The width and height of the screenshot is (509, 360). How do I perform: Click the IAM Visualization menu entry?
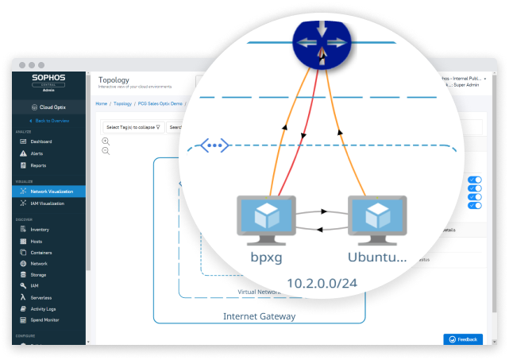(52, 203)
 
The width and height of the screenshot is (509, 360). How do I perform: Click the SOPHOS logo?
(49, 79)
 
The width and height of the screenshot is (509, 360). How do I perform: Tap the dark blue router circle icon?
(322, 44)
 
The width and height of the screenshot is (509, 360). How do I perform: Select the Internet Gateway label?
(259, 316)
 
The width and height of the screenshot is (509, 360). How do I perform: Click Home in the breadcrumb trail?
(101, 103)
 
